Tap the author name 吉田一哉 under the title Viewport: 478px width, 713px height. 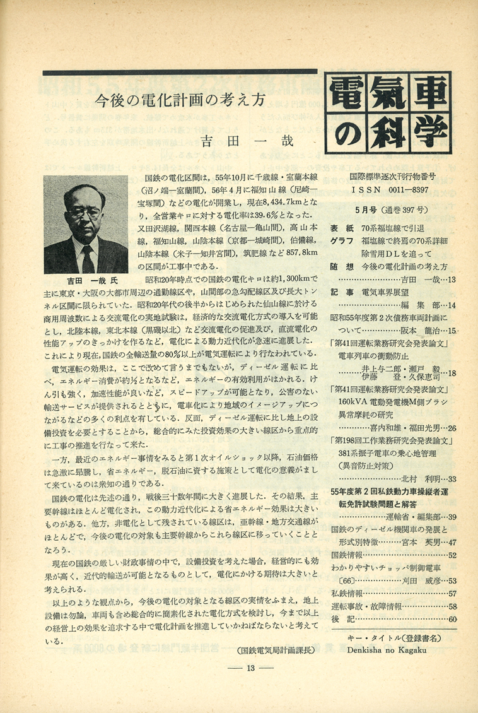point(247,141)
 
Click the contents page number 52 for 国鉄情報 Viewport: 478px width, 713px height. point(452,555)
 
